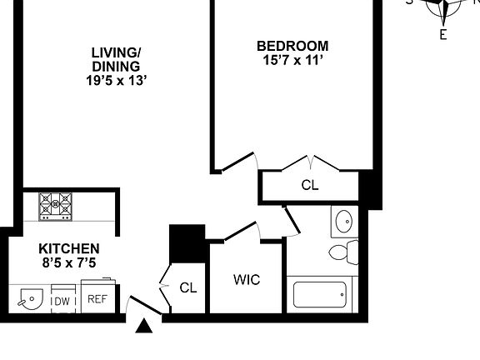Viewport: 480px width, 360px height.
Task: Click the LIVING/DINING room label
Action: tap(116, 58)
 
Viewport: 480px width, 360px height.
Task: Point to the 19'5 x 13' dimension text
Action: tap(116, 81)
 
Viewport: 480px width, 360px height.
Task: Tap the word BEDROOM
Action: tap(292, 46)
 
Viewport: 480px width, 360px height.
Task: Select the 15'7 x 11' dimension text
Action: tap(292, 60)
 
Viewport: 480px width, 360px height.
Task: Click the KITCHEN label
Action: tap(69, 248)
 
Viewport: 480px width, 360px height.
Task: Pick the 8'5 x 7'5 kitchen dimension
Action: tap(69, 262)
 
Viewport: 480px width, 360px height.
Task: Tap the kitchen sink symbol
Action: tap(30, 297)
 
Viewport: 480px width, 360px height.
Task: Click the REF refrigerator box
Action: tap(97, 298)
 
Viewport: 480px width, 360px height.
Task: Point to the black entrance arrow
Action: tap(145, 326)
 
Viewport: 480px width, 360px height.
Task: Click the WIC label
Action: tap(247, 280)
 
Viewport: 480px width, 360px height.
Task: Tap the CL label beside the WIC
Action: tap(188, 287)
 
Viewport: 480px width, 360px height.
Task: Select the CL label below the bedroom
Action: tap(310, 185)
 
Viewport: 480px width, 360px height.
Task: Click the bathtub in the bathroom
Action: tap(320, 295)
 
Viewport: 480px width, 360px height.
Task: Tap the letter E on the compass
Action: tap(443, 35)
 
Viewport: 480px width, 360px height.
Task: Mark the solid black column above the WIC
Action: tap(187, 242)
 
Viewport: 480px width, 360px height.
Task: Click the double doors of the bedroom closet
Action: tap(310, 162)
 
